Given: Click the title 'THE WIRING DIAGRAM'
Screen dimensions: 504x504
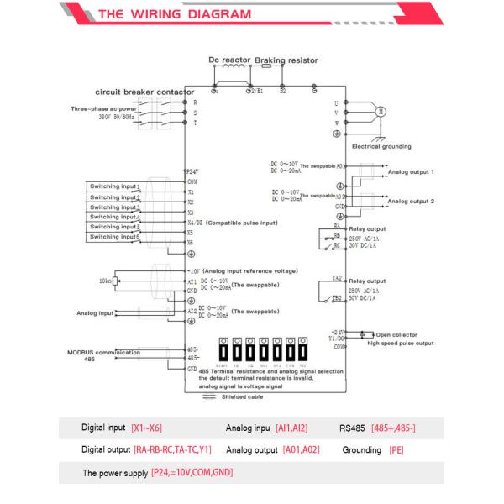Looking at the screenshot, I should tap(175, 14).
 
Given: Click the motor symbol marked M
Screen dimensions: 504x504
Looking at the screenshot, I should tap(378, 111).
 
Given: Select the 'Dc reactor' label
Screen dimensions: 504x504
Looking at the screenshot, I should tap(228, 61).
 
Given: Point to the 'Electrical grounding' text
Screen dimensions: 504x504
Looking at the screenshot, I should tap(381, 146).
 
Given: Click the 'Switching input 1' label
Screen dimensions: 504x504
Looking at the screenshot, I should tap(115, 186).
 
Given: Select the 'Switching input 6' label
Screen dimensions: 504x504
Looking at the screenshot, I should tap(115, 237).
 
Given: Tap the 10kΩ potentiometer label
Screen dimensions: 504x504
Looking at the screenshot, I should tap(105, 280).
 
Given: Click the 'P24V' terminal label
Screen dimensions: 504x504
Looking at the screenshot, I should tap(192, 171).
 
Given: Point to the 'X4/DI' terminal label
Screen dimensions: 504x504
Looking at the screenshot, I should tap(195, 222).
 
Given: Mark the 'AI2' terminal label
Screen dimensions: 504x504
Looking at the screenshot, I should tap(192, 312).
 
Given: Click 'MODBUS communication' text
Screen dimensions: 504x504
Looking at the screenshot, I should tap(103, 353).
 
